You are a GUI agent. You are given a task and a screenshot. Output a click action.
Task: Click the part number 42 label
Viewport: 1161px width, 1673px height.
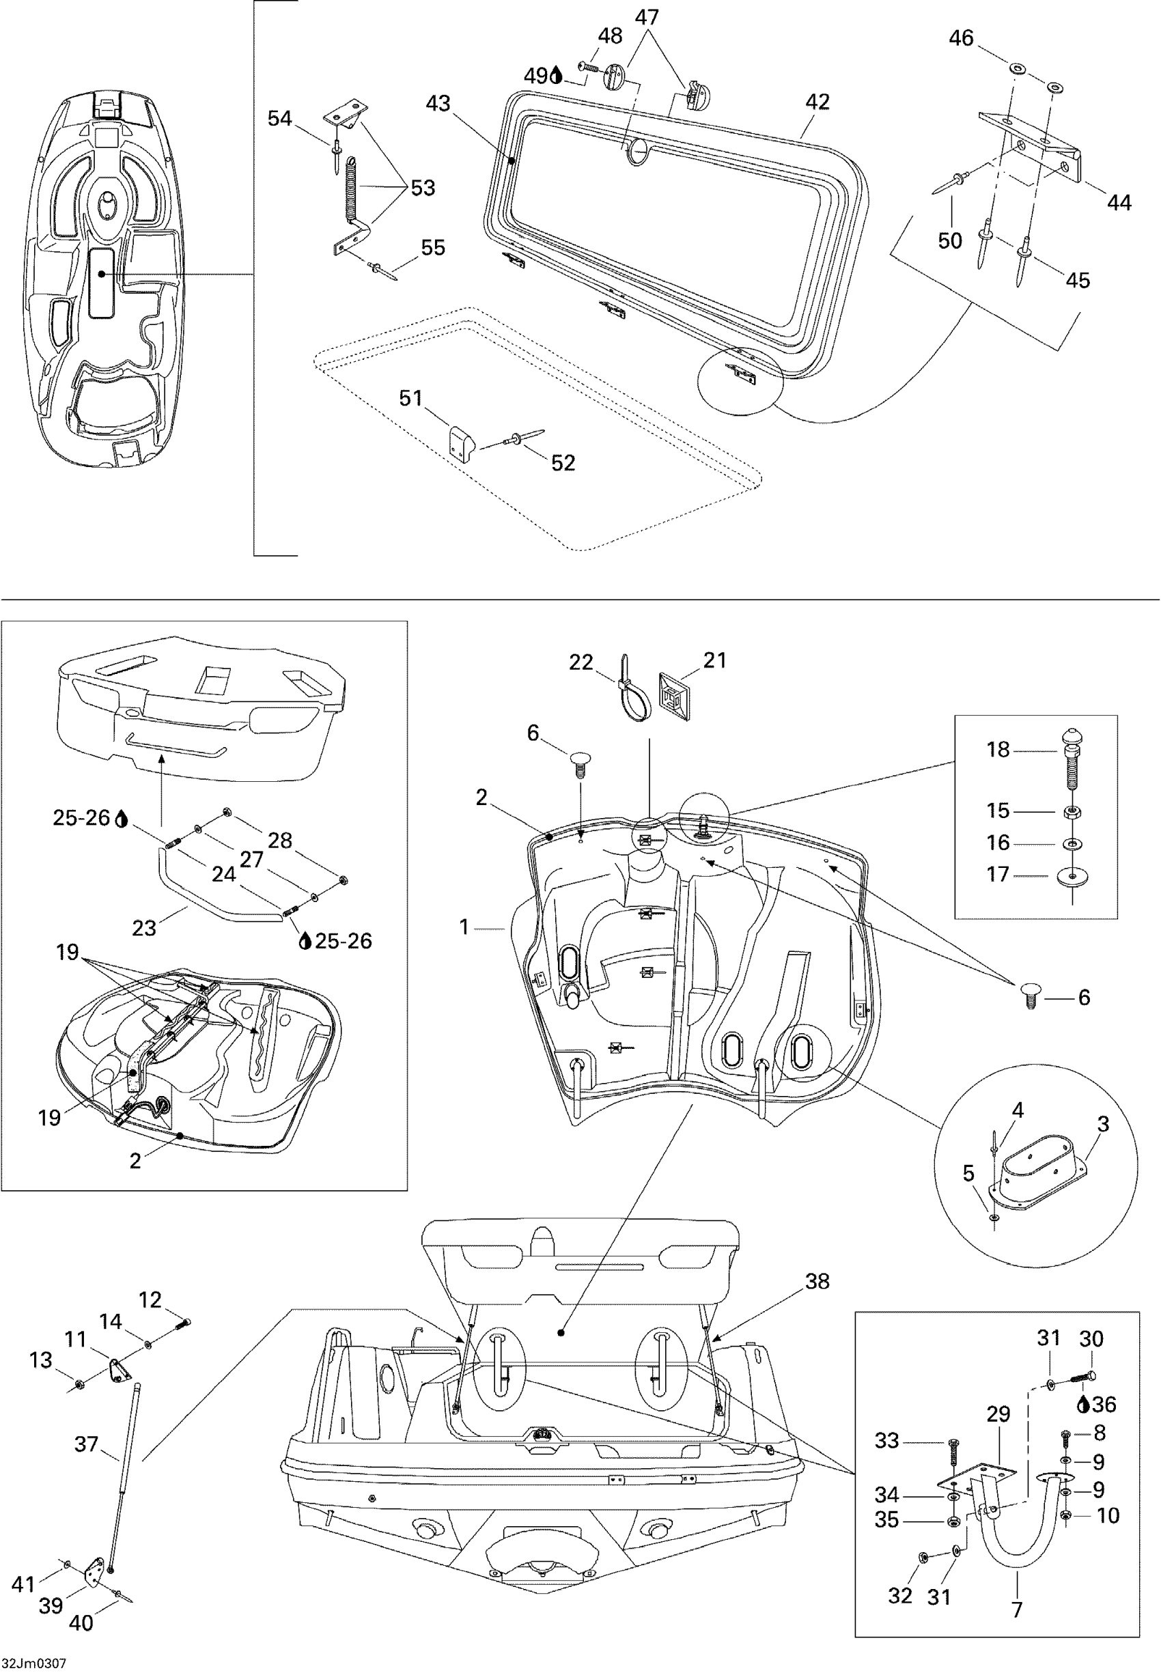pos(817,102)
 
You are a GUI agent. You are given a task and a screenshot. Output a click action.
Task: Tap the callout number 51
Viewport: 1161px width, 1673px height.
pos(411,398)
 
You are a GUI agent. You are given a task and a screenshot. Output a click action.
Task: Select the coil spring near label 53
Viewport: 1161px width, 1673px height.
pos(351,187)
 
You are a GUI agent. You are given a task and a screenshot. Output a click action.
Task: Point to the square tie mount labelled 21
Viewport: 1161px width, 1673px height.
pos(674,697)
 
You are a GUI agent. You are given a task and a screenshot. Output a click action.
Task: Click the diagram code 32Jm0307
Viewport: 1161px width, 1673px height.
pos(34,1663)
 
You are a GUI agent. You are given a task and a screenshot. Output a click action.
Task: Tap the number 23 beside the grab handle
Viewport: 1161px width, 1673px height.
pos(144,927)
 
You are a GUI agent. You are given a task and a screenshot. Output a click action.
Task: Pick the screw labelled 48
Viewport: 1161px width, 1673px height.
pos(588,67)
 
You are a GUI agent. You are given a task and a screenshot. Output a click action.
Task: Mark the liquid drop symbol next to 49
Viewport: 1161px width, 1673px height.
pos(557,76)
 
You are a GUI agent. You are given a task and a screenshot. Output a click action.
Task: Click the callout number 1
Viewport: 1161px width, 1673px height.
pos(464,927)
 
